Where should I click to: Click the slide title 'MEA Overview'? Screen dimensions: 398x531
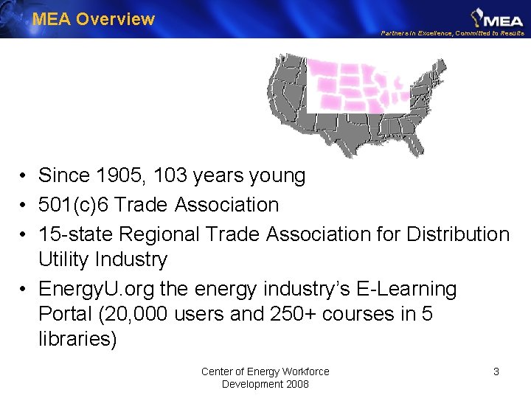94,19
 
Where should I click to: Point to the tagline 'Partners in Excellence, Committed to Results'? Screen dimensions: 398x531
452,33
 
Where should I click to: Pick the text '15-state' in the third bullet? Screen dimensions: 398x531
76,234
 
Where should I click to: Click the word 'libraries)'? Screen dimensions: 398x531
77,340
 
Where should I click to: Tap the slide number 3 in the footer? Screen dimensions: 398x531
496,371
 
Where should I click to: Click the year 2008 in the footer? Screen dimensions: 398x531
296,384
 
